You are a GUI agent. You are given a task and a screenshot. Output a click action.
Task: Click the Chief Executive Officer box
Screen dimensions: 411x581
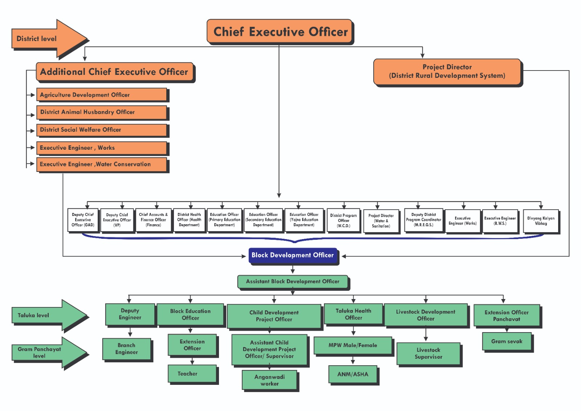(x=280, y=32)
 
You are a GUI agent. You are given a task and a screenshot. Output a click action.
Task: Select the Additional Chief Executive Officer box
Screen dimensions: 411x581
(x=114, y=72)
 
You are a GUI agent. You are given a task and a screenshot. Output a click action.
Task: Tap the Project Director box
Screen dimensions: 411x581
(x=447, y=72)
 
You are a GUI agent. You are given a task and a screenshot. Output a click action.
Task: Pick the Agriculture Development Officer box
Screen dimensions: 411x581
(x=101, y=95)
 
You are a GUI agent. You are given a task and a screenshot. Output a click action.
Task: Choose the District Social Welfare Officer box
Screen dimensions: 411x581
(x=101, y=130)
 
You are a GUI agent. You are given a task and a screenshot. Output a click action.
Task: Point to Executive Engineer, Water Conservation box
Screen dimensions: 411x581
(x=101, y=164)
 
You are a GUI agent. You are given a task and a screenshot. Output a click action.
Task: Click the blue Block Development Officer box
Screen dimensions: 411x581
(x=293, y=255)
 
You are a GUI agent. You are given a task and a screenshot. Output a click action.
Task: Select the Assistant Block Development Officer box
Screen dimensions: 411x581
(x=293, y=282)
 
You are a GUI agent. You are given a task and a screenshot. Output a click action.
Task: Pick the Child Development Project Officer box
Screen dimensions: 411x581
(x=274, y=316)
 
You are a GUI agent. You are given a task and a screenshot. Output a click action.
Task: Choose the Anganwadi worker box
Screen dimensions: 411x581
(x=269, y=380)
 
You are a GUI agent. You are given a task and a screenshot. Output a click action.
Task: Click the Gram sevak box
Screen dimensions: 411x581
(x=507, y=342)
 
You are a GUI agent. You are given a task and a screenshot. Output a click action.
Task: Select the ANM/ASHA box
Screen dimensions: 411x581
(x=353, y=374)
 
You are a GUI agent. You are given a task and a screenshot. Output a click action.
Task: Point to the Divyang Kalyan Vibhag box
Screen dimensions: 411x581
(x=541, y=221)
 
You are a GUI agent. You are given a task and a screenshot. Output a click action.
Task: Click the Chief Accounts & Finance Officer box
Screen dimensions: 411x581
(x=153, y=220)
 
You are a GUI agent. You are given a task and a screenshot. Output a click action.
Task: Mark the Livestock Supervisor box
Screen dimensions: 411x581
(x=428, y=353)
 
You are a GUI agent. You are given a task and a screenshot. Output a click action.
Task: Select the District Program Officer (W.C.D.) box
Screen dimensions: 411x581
(x=344, y=220)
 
